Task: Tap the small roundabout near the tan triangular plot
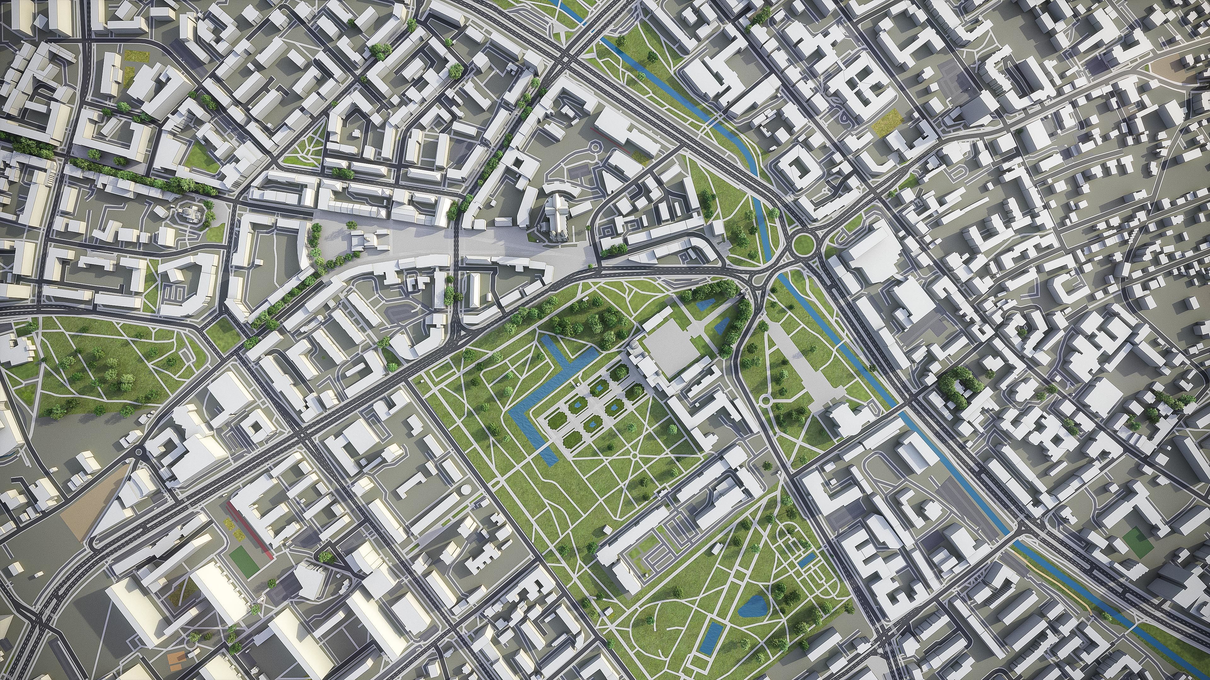[x=139, y=452]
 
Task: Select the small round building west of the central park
[x=465, y=489]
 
